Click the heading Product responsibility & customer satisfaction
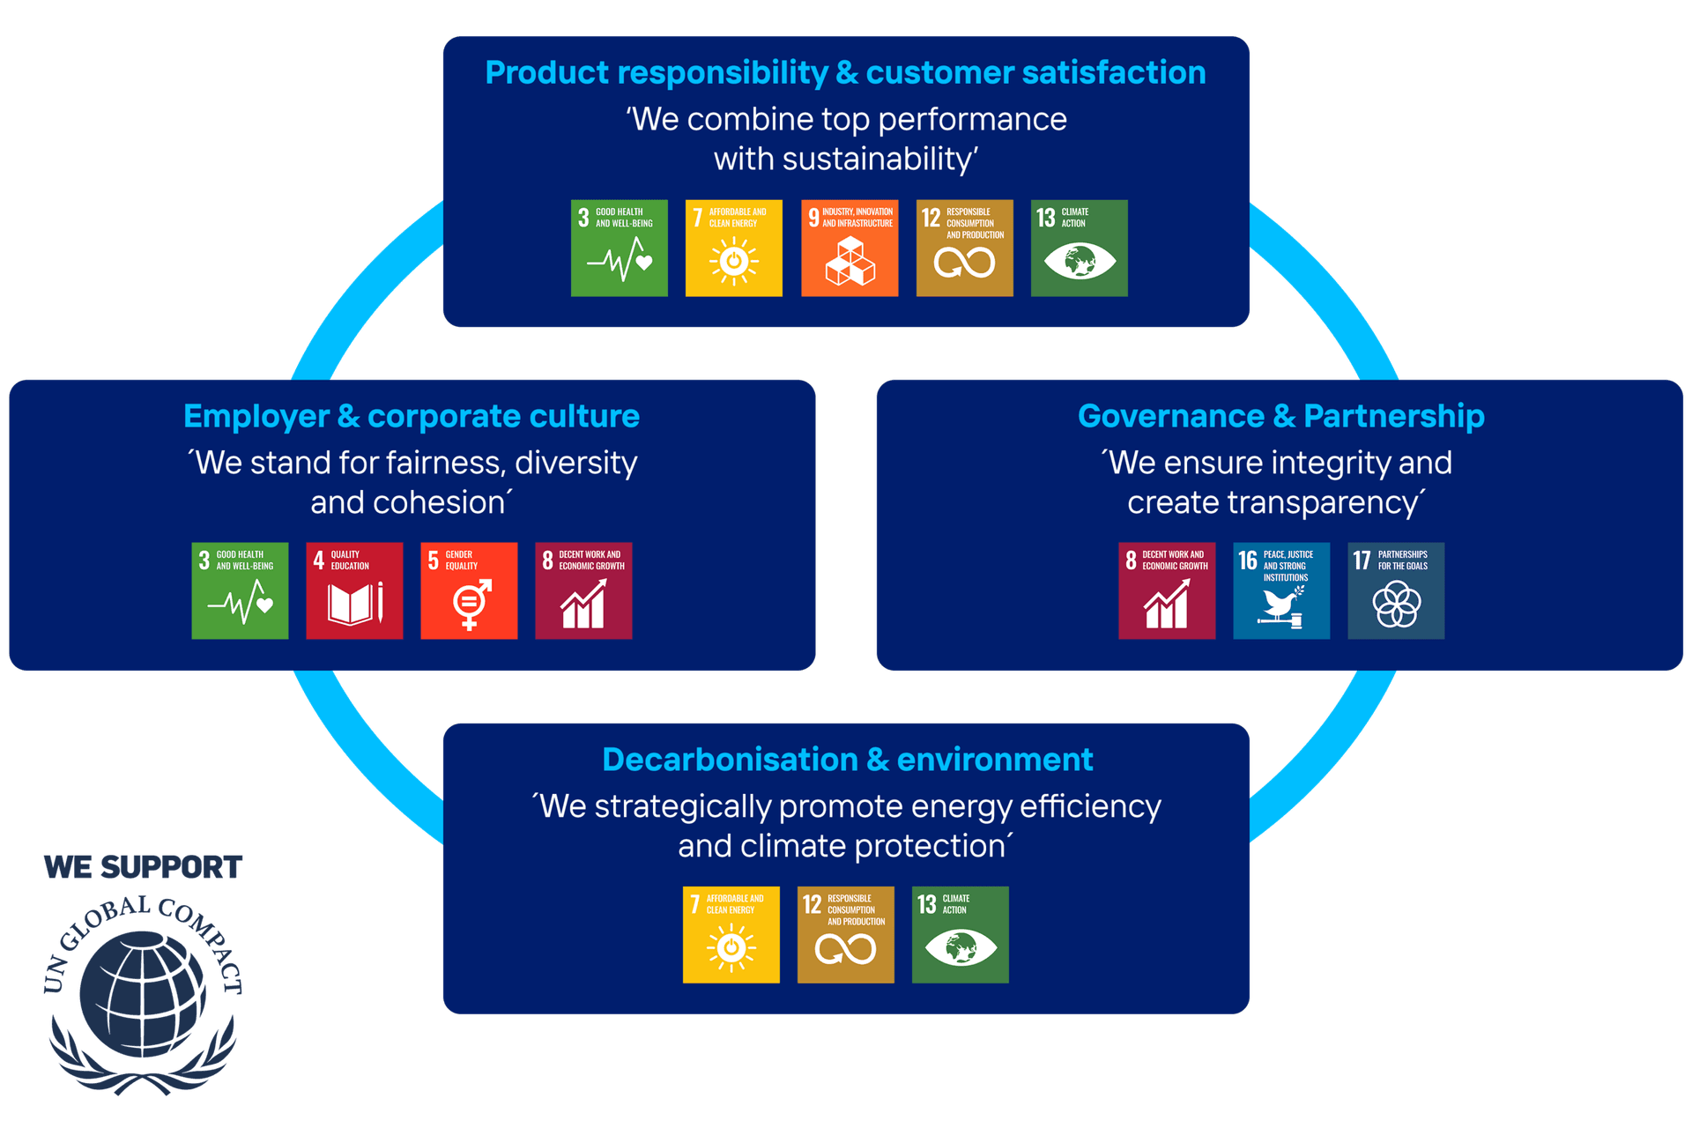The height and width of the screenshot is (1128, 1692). (845, 73)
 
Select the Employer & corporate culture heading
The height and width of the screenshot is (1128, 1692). (412, 416)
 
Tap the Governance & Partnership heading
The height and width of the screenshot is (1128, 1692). (1280, 416)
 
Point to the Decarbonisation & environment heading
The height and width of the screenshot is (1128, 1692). (847, 760)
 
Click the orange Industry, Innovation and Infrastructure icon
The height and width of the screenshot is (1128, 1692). (850, 249)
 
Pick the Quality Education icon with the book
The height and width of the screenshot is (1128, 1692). (354, 590)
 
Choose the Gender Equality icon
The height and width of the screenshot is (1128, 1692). (469, 590)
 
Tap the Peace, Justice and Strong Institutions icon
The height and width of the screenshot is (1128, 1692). (1281, 590)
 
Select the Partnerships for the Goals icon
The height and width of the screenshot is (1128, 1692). (1396, 590)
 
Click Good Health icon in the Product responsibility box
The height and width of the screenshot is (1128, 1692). (620, 249)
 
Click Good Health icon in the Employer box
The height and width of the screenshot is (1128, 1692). (240, 590)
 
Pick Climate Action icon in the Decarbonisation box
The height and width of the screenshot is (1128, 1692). (960, 935)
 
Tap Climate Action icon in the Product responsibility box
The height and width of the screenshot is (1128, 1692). (1079, 249)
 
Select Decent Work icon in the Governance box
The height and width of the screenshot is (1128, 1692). (1167, 590)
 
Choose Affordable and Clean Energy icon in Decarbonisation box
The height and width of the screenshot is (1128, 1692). (731, 935)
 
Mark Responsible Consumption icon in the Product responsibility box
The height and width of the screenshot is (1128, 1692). (964, 249)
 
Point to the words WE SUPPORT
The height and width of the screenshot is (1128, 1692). (143, 867)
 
